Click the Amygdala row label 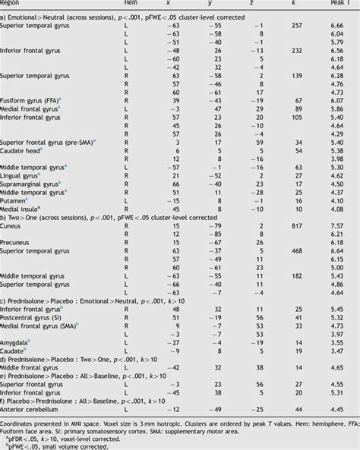click(17, 342)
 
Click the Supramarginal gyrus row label click(31, 184)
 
